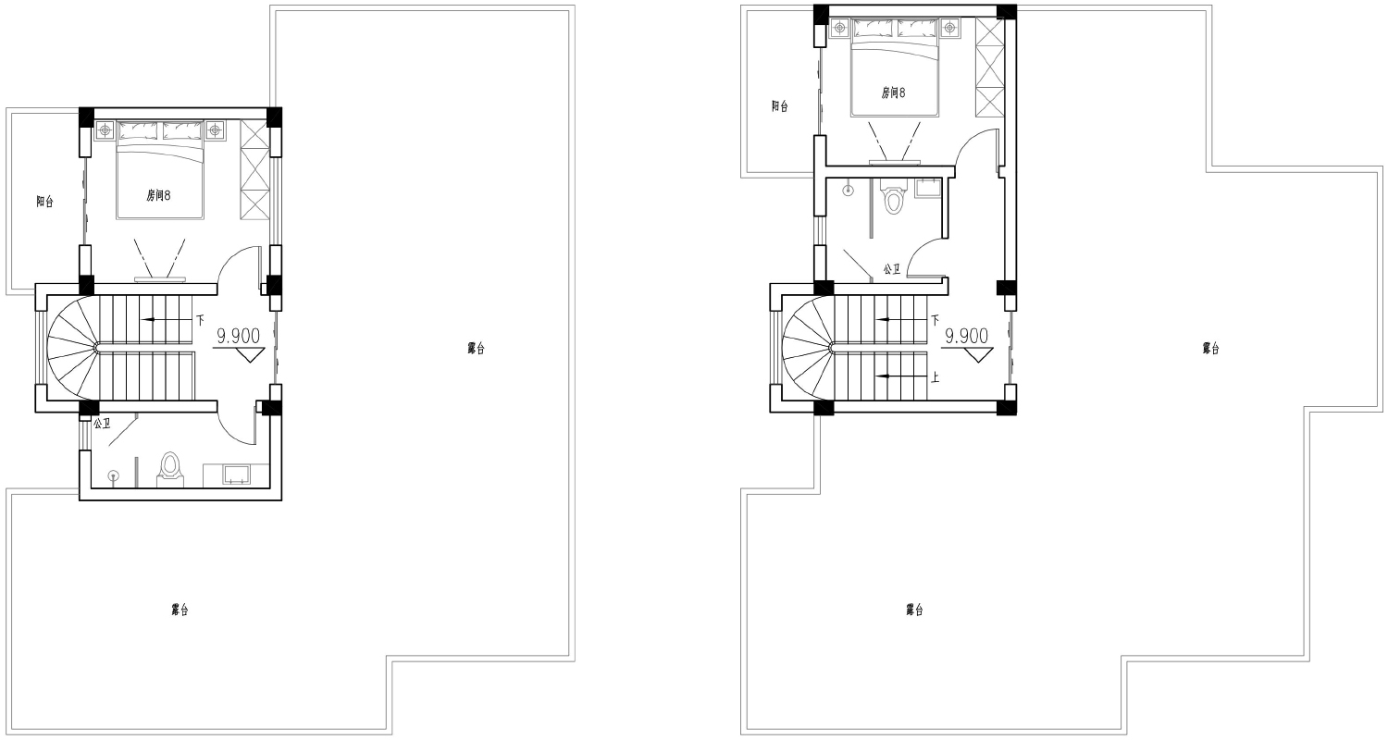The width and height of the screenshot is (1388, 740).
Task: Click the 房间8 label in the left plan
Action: [x=158, y=196]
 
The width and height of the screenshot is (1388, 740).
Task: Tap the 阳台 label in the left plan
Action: [x=44, y=202]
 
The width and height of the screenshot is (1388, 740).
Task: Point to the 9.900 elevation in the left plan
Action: [x=238, y=337]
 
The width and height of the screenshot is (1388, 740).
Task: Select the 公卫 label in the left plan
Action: [x=102, y=425]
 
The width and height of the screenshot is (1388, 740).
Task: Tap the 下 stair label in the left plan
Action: [x=200, y=320]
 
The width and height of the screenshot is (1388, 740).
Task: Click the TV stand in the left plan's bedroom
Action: [x=160, y=280]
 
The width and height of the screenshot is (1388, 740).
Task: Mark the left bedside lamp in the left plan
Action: [x=105, y=130]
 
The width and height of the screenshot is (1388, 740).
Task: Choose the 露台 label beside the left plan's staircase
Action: [x=476, y=349]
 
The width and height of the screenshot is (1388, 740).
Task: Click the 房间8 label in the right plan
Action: [x=893, y=92]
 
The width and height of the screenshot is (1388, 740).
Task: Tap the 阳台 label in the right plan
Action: [x=779, y=106]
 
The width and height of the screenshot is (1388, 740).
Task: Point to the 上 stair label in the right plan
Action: [x=935, y=376]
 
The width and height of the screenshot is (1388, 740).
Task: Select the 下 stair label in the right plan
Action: [x=935, y=320]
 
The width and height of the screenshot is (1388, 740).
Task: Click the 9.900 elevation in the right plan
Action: [x=967, y=337]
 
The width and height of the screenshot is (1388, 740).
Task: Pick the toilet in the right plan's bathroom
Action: [x=893, y=196]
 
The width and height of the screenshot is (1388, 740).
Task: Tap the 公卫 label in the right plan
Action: [x=892, y=269]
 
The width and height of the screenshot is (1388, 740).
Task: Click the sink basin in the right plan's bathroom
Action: [x=927, y=188]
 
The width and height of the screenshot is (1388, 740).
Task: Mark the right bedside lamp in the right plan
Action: [x=948, y=27]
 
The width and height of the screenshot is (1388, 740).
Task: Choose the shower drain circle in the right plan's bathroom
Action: [x=849, y=191]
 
